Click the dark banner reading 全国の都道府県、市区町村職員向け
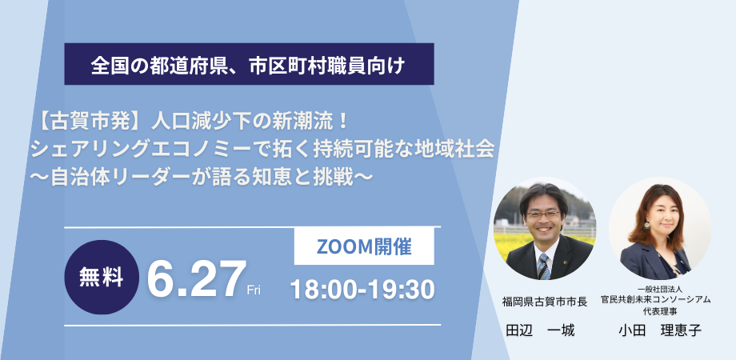(x=249, y=64)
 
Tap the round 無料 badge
(x=102, y=277)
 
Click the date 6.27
(x=197, y=280)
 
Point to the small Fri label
(x=254, y=290)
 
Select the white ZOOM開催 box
(x=364, y=246)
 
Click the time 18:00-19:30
(x=362, y=290)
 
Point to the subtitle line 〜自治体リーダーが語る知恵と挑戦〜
(x=202, y=178)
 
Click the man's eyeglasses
(x=543, y=214)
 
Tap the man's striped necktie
(x=543, y=266)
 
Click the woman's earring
(x=647, y=225)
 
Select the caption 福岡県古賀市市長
(x=545, y=302)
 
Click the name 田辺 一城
(x=540, y=331)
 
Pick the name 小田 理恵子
(x=659, y=330)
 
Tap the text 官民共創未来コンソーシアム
(x=656, y=300)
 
